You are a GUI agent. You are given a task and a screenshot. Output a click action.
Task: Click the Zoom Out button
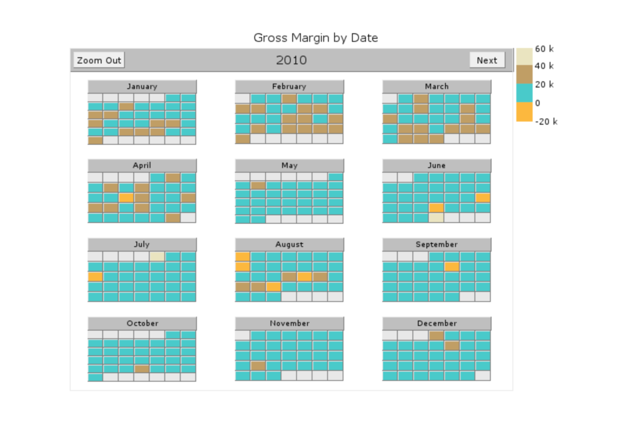point(99,60)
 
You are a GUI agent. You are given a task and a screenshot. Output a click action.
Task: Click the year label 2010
point(291,60)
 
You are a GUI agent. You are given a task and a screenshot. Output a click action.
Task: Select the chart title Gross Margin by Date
point(315,38)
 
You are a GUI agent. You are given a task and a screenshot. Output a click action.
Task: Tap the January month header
point(142,86)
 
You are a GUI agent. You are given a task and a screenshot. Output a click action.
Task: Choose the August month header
point(289,244)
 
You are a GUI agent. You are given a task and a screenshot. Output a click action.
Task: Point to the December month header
point(437,323)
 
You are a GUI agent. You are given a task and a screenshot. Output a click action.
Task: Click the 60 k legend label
point(544,49)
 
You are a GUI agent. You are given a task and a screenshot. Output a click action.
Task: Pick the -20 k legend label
point(546,121)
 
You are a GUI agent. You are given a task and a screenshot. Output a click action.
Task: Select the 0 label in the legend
point(537,103)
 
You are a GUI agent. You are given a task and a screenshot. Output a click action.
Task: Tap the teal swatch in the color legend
point(524,93)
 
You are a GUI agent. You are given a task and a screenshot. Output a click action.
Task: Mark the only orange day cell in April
point(126,198)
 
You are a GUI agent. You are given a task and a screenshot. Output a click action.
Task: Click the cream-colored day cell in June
point(436,218)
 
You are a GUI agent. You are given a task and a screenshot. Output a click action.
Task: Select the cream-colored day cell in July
point(157,256)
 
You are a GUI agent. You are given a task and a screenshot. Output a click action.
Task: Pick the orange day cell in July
point(95,277)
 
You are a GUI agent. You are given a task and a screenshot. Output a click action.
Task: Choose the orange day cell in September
point(451,267)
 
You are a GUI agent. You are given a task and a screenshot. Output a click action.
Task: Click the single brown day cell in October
point(141,369)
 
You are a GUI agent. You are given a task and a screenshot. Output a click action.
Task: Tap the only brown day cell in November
point(258,366)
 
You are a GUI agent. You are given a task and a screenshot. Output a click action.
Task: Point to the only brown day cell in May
point(258,185)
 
